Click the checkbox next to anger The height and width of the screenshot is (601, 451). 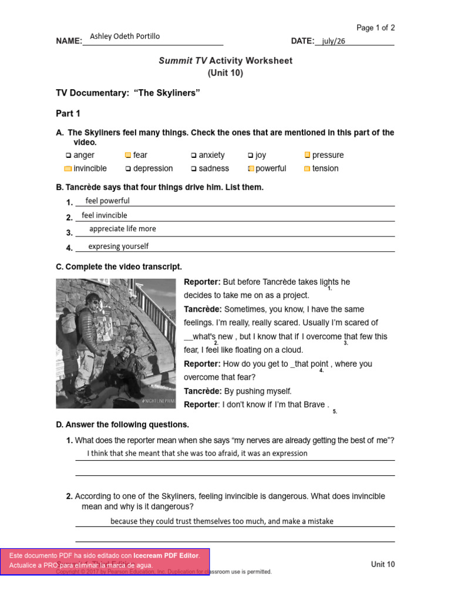pos(69,156)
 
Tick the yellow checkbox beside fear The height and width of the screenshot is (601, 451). pos(128,156)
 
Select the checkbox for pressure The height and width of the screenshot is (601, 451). pos(307,155)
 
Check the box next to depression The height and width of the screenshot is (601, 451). pos(128,169)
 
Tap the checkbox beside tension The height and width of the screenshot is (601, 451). pos(307,169)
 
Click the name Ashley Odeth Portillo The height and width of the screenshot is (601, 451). pos(124,36)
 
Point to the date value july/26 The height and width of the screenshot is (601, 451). pos(334,41)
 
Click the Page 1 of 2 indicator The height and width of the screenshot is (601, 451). pos(376,28)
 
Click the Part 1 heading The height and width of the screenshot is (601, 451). pos(68,113)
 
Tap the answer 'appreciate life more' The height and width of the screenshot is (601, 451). pos(122,229)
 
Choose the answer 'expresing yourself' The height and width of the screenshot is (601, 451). pos(118,247)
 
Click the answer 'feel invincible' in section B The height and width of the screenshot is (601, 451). pos(104,215)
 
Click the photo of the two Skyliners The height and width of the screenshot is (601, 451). pos(116,343)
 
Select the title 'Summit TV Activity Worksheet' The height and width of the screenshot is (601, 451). pos(225,61)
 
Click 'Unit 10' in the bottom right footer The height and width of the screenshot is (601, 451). pos(383,565)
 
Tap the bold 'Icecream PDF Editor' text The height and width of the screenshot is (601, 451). pos(166,555)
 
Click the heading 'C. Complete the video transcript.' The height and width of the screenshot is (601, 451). pos(119,267)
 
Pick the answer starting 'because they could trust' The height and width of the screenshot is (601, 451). pos(221,521)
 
